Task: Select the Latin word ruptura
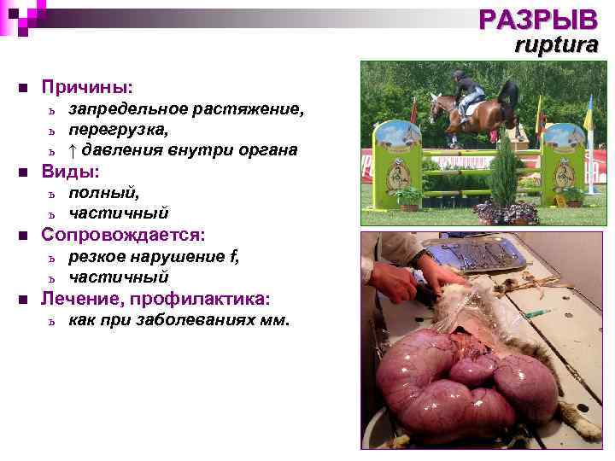click(x=556, y=45)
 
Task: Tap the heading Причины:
click(x=87, y=87)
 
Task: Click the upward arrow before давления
click(x=73, y=150)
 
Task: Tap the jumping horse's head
click(x=436, y=106)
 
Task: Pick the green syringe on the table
click(x=536, y=314)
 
